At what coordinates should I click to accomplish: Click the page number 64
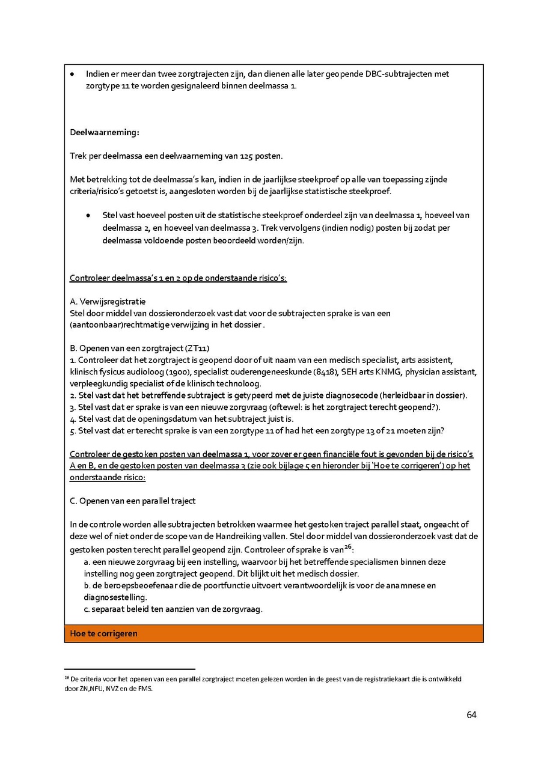(x=471, y=715)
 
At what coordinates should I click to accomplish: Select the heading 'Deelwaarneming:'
(x=105, y=132)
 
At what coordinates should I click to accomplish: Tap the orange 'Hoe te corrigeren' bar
(x=104, y=633)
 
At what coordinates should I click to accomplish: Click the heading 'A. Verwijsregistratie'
(x=108, y=301)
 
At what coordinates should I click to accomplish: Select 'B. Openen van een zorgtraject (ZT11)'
(x=139, y=349)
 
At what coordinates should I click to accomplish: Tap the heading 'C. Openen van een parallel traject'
(x=133, y=501)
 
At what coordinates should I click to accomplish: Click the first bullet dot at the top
(x=72, y=75)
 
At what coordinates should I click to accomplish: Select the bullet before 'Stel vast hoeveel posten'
(x=88, y=215)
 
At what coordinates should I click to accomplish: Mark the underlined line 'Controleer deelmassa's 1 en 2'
(x=178, y=278)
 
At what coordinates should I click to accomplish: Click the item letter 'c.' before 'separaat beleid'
(x=87, y=609)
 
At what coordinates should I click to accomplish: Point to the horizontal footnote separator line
(x=129, y=668)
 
